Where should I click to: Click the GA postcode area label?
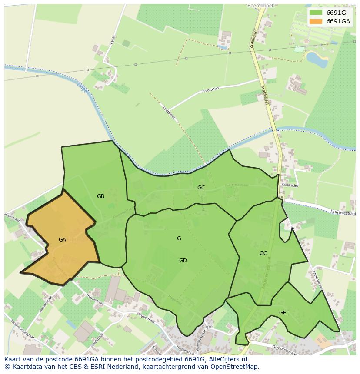[62, 239]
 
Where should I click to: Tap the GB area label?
[100, 196]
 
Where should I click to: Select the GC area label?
[201, 188]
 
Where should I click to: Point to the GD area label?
[183, 261]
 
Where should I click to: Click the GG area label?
[263, 253]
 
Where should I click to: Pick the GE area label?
[283, 313]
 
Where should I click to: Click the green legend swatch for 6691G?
[316, 13]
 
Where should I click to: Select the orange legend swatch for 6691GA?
[316, 21]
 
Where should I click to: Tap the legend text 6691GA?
[338, 21]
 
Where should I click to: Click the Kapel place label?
[208, 326]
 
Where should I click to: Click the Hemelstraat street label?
[46, 303]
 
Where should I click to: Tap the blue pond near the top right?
[317, 60]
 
